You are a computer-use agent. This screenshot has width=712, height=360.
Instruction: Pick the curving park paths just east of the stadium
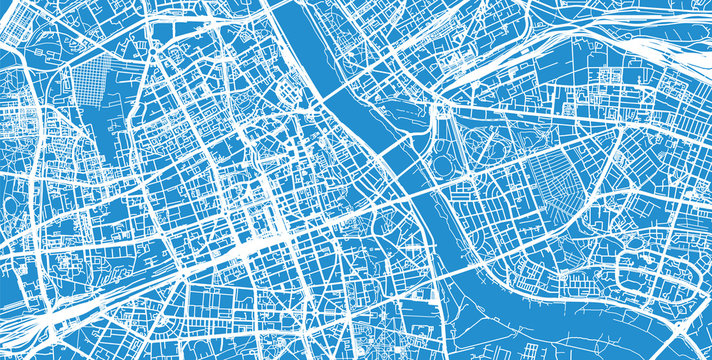click(x=490, y=150)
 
